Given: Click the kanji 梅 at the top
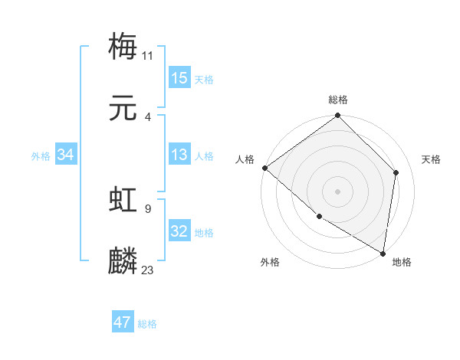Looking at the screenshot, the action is click(123, 46).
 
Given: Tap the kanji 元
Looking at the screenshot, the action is click(123, 109).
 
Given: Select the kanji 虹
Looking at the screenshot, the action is click(123, 200).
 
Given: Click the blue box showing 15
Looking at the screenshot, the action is click(179, 77).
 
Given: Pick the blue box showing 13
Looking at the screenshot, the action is click(179, 155).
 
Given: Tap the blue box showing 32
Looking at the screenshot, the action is click(179, 232).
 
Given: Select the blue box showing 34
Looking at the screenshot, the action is click(65, 155).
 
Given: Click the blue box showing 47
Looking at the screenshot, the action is click(123, 322).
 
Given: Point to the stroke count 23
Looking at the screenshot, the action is click(148, 270).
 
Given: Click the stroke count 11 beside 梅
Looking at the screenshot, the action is click(148, 54).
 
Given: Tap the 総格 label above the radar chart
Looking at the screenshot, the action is click(338, 100).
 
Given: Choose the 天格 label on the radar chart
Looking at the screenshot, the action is click(432, 159).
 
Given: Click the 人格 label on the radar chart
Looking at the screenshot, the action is click(245, 159).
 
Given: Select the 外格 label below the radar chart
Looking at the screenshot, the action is click(270, 262).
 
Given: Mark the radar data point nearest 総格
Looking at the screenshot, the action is click(338, 116).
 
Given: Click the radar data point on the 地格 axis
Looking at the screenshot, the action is click(383, 253).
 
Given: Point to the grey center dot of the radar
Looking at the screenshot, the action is click(338, 191).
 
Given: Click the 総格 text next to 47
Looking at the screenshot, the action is click(147, 324).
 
